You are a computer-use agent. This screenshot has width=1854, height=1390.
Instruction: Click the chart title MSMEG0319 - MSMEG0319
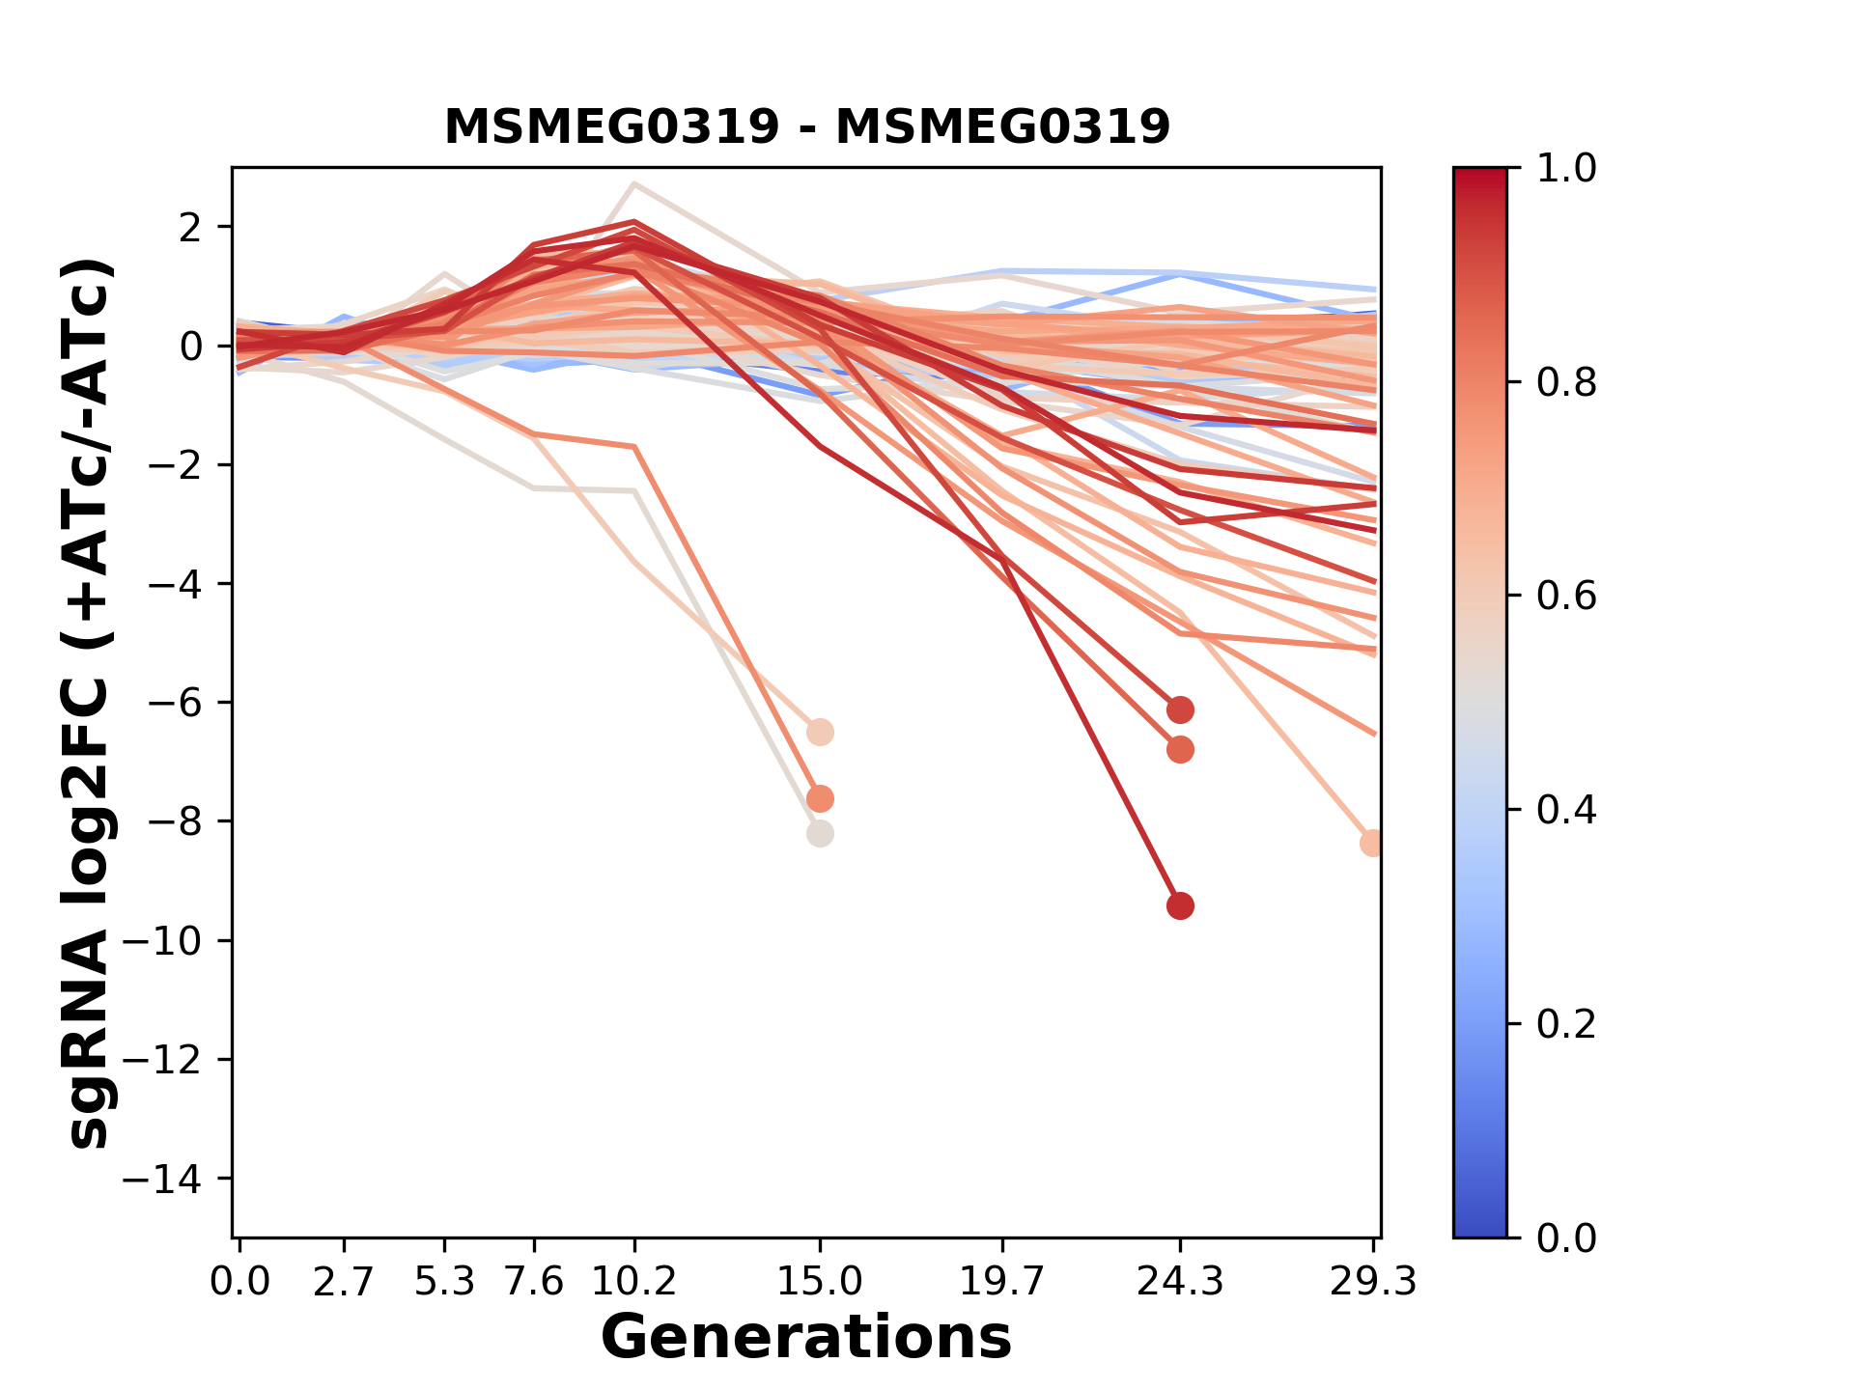(x=806, y=126)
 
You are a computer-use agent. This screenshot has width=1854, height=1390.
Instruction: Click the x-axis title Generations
(x=806, y=1338)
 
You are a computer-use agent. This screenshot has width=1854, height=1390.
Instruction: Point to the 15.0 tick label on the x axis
(x=820, y=1282)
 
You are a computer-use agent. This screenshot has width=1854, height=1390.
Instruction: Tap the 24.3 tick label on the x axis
(x=1179, y=1282)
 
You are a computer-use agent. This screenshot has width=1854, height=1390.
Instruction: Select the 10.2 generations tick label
(x=633, y=1282)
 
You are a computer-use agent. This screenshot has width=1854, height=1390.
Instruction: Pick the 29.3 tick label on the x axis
(x=1373, y=1282)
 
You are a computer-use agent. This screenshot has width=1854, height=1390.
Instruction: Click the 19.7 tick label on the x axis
(x=1003, y=1282)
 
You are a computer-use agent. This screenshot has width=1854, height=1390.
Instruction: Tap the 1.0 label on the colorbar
(x=1566, y=168)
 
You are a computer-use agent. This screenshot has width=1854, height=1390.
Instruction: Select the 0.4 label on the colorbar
(x=1566, y=809)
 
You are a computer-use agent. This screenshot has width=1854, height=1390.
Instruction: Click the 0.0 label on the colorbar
(x=1566, y=1237)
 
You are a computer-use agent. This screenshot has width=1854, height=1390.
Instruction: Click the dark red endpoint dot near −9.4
(x=1180, y=905)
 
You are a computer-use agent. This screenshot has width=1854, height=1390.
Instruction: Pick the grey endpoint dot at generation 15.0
(x=820, y=833)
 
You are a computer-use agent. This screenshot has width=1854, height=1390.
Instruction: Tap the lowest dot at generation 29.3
(x=1372, y=843)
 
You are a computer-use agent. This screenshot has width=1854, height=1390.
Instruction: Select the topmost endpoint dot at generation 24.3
(x=1180, y=709)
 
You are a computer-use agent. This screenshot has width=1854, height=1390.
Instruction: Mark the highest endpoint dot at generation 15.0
(x=820, y=732)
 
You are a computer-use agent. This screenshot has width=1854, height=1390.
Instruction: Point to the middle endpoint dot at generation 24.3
(x=1180, y=749)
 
